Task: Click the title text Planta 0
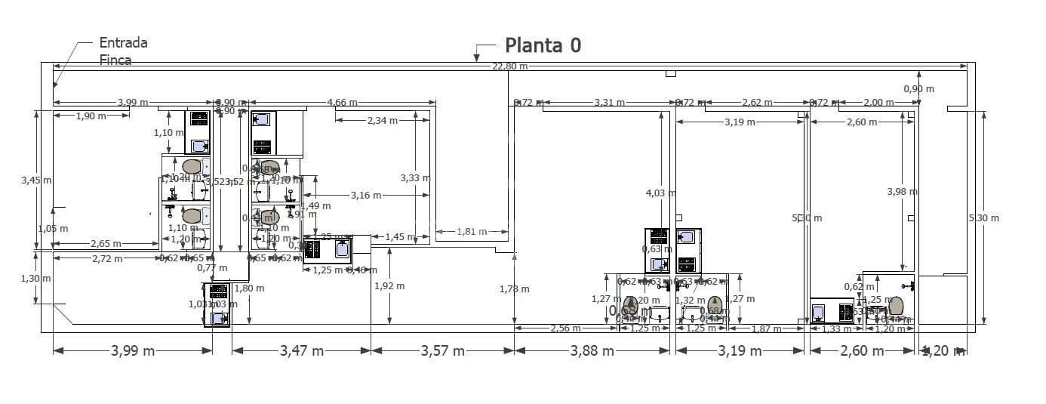pos(543,45)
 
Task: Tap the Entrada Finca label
pos(123,51)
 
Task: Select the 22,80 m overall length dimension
pos(509,66)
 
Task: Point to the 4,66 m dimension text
pos(342,103)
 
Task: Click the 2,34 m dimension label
pos(383,120)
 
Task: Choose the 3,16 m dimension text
pos(365,196)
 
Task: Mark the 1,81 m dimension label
pos(472,231)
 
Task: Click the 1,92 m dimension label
pos(389,286)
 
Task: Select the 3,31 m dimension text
pos(609,103)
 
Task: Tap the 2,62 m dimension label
pos(757,103)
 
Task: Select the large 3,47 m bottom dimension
pos(301,351)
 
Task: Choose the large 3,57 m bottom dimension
pos(442,351)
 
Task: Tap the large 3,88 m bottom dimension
pos(592,351)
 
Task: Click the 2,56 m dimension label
pos(565,328)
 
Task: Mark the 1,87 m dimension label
pos(767,328)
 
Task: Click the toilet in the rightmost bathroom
pos(896,307)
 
